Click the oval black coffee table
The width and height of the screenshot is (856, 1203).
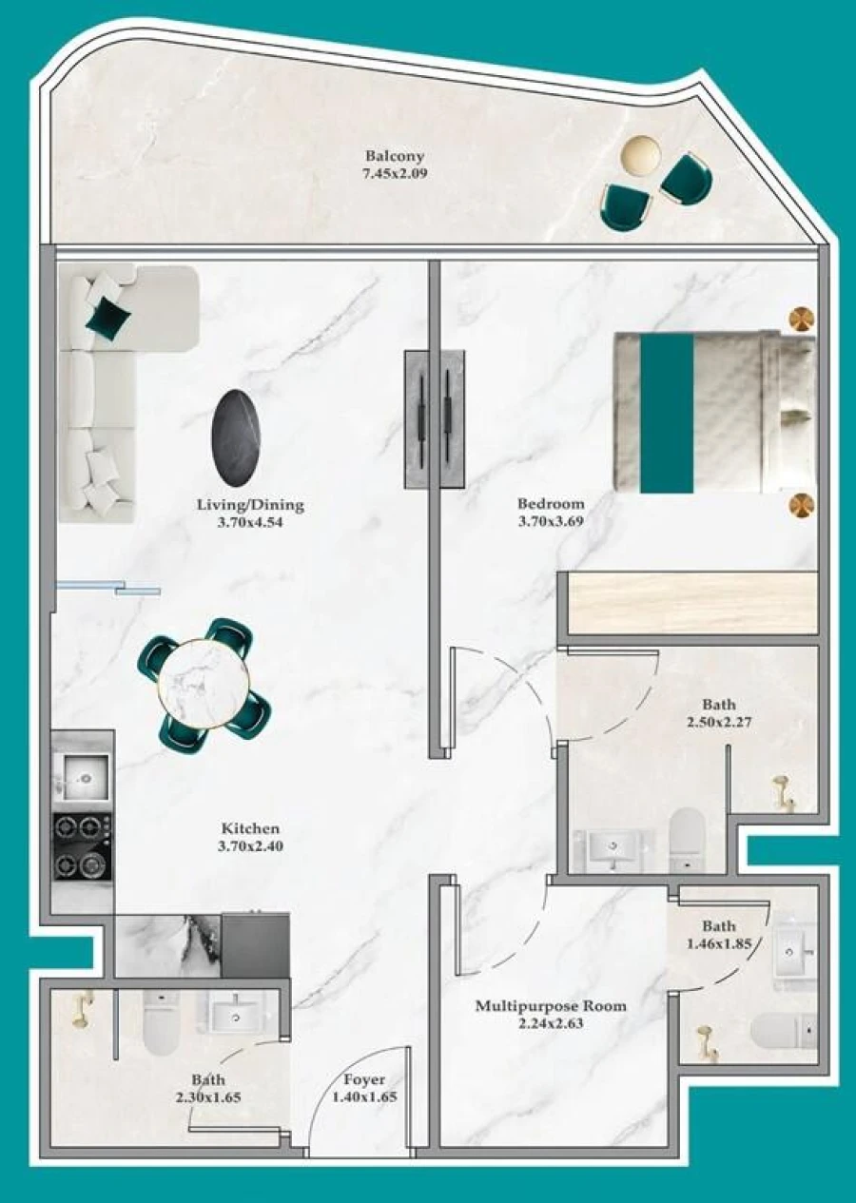(x=236, y=436)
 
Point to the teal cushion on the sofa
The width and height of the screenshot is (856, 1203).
(x=107, y=317)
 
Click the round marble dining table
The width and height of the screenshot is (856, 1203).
(x=204, y=684)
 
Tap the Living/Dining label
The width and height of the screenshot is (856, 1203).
(x=250, y=504)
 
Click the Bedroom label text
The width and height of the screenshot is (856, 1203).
(x=551, y=503)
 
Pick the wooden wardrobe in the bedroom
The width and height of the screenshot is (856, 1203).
(x=692, y=603)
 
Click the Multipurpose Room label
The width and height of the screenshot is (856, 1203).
(x=551, y=1005)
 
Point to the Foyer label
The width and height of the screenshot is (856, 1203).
(x=364, y=1079)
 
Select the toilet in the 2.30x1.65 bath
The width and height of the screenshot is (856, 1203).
(x=160, y=1022)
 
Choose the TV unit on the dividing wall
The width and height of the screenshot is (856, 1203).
(x=435, y=418)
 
